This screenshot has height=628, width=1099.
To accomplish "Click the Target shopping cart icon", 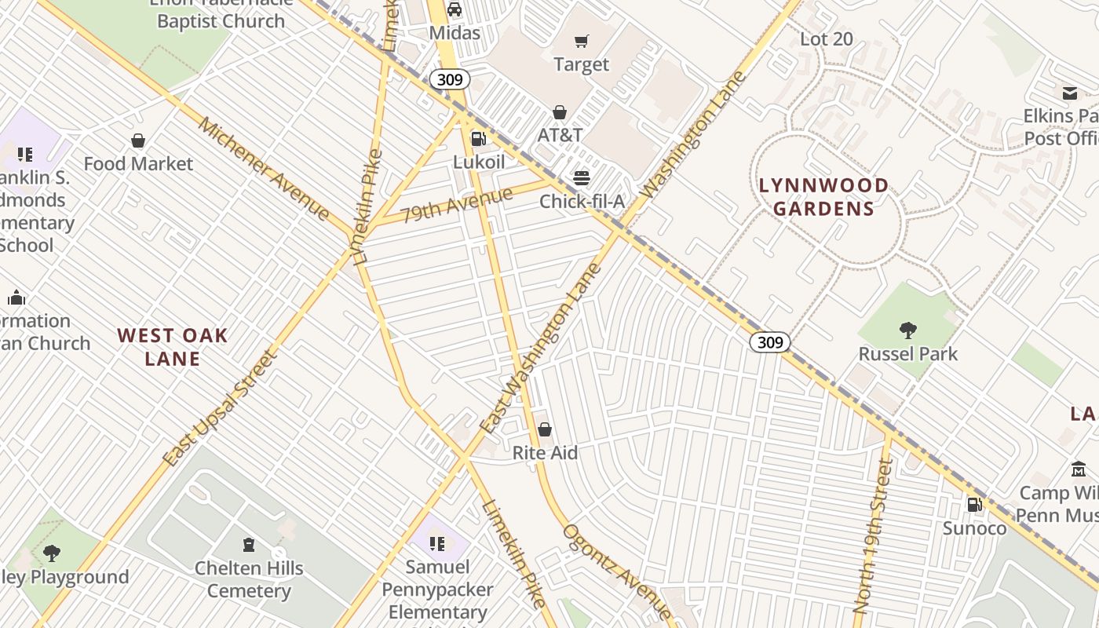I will point(581,41).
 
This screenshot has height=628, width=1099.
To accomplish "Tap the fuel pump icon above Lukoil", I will point(478,139).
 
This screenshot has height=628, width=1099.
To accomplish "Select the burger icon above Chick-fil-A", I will point(581,177).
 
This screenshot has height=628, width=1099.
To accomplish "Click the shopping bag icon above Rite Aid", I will point(545,429).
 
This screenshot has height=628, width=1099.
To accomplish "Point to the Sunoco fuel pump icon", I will point(974,505).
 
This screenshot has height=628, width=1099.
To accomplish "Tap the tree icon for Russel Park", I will point(908,330).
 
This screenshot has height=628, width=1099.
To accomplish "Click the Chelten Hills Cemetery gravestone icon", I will point(249,544).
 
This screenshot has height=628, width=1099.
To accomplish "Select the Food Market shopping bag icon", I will point(138,141).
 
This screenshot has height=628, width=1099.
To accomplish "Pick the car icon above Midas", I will point(455,9).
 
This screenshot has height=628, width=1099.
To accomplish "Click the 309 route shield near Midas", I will point(450,79).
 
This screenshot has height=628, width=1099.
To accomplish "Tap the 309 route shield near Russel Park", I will point(769,342).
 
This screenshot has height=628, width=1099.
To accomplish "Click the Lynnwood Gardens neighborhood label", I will point(823,197).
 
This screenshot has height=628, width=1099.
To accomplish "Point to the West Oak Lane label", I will point(173,347).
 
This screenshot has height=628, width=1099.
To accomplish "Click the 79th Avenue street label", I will point(456,204).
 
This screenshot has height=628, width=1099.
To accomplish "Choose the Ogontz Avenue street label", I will point(616,571).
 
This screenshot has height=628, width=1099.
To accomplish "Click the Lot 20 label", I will point(826,38).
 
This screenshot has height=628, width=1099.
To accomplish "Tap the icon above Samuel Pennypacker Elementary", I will point(438,543).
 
